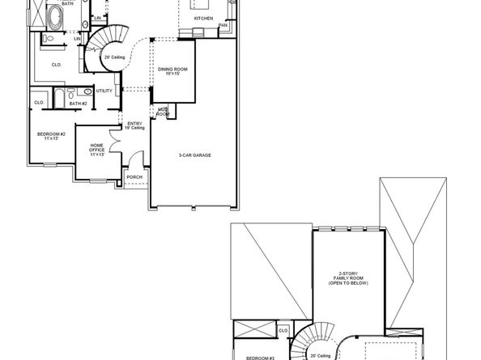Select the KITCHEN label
[x=202, y=17]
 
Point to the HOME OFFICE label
[x=97, y=150]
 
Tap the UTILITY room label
[x=104, y=91]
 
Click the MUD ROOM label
[x=163, y=110]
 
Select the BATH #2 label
[x=78, y=104]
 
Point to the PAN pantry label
[x=223, y=25]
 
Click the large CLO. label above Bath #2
[x=56, y=65]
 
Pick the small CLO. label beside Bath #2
[x=39, y=103]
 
